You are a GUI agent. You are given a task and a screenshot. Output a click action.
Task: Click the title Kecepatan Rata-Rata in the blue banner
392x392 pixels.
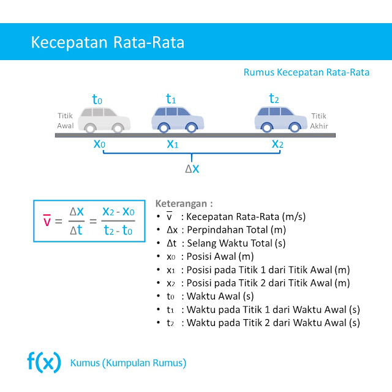(108, 43)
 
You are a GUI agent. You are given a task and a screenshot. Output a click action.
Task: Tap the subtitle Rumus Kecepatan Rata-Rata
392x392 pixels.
(306, 72)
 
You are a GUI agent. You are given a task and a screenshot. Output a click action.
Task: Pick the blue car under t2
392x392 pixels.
(278, 119)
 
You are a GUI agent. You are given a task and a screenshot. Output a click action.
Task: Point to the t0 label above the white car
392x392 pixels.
(97, 99)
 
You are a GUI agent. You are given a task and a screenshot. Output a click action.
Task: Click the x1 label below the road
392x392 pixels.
(173, 145)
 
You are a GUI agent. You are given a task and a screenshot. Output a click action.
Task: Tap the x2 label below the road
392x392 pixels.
(278, 145)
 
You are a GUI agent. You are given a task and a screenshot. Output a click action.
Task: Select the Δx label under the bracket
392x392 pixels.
(192, 167)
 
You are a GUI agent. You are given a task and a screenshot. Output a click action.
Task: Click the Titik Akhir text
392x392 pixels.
(320, 121)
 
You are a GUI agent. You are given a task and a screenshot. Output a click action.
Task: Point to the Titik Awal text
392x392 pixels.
(66, 121)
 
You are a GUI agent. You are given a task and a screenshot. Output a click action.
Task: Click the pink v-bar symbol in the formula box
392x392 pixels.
(47, 220)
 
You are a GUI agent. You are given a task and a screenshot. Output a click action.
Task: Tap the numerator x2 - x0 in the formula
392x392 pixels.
(118, 211)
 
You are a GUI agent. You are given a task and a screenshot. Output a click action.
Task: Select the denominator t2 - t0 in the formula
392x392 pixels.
(118, 231)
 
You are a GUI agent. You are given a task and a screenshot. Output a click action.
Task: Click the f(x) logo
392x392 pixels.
(44, 363)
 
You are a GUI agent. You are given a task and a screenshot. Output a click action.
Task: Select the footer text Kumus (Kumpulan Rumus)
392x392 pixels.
(129, 363)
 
